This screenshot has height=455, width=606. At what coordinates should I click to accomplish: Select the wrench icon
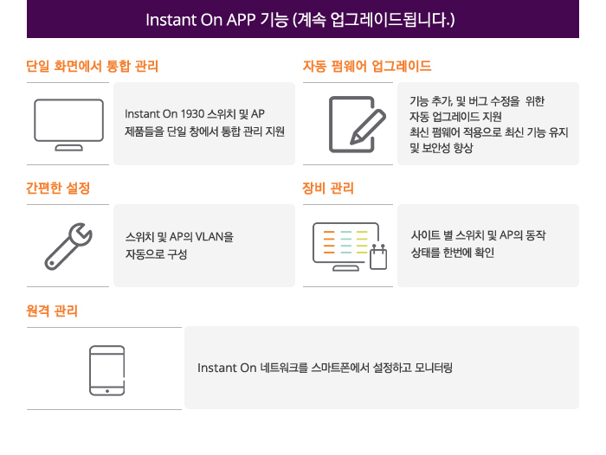coord(68,247)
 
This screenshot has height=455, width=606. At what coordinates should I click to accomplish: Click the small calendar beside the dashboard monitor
coord(378,257)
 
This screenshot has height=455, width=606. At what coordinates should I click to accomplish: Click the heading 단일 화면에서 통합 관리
coord(93,66)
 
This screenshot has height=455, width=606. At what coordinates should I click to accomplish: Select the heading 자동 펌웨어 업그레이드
coord(367,66)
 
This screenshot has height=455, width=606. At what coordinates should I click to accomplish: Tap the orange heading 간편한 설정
coord(58,188)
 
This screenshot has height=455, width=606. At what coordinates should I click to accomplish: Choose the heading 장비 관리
coord(328,188)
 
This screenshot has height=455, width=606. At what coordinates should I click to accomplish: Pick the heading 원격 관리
coord(52,311)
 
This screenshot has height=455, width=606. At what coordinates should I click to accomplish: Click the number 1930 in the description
coord(192,114)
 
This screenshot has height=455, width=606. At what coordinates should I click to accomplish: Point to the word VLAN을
coord(214,236)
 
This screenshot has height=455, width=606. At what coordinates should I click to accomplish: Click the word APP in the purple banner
coord(241,20)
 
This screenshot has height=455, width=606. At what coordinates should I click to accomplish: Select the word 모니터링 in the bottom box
coord(433,368)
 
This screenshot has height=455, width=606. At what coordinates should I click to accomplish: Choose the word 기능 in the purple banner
coord(274,20)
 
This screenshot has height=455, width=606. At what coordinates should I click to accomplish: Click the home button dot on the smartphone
coord(107,391)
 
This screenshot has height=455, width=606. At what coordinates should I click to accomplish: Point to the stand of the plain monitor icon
coord(68,148)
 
